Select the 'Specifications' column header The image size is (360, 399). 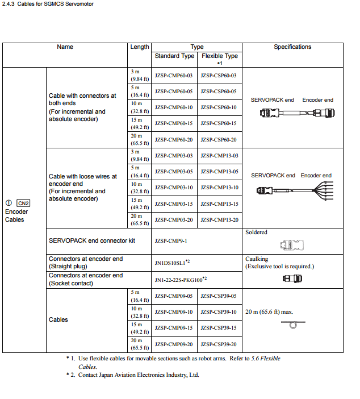pos(292,47)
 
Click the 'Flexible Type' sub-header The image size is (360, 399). pos(220,56)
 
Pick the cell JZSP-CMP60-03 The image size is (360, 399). pos(174,76)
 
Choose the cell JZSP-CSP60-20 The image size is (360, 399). pos(219,140)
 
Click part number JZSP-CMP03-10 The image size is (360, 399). pos(174,188)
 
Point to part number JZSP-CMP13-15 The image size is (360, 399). pos(219,203)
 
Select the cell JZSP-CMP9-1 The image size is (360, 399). pos(170,241)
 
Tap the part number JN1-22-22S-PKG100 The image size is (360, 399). pos(179,280)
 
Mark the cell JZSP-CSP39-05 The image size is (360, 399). pos(219,296)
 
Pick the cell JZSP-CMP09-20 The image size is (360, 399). pos(174,344)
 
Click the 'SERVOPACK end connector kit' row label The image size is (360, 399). pos(91,241)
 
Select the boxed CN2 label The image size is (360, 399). pos(23,203)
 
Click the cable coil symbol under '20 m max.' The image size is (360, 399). pos(294,324)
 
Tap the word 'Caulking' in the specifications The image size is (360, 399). pos(257,259)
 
